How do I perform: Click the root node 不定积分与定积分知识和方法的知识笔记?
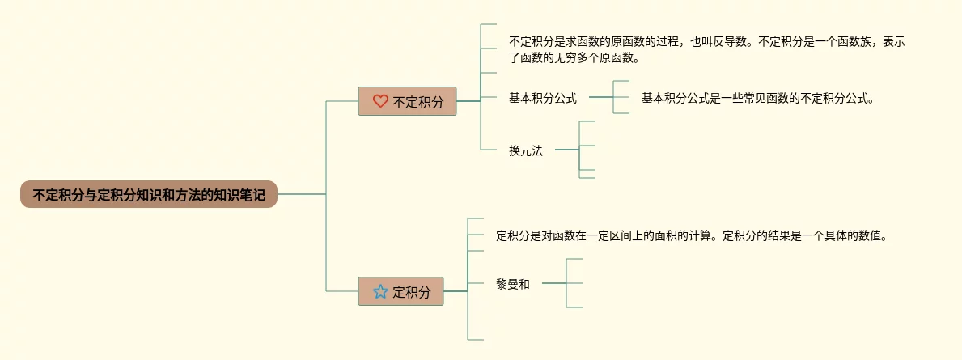(149, 194)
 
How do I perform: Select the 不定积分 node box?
(407, 101)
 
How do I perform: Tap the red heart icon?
(380, 101)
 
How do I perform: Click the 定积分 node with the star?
(400, 291)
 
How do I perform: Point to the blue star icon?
(380, 291)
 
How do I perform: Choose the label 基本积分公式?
(542, 98)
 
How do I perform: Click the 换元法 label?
(525, 150)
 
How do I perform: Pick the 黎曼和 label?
(512, 283)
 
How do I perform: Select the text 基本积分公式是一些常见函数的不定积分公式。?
(758, 98)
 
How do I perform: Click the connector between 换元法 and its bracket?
(567, 150)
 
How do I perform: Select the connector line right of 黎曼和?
(553, 283)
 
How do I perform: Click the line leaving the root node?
(301, 194)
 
